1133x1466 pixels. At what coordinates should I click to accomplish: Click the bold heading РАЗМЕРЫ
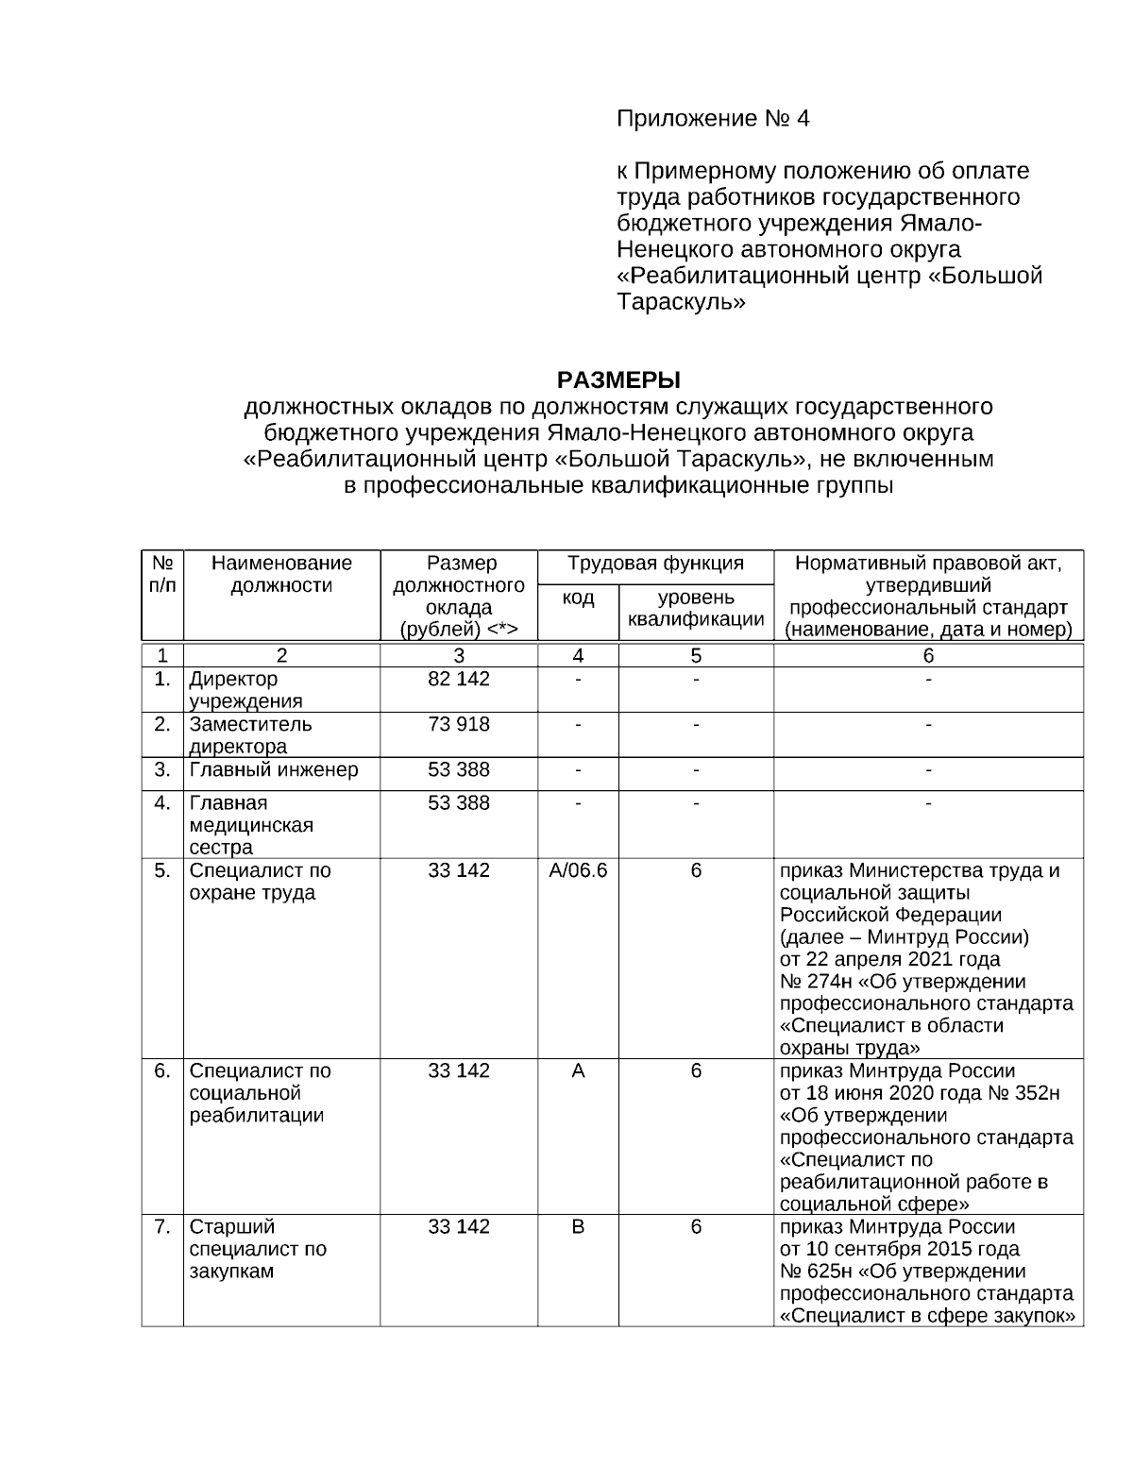[618, 380]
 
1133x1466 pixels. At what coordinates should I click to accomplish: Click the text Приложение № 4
[713, 119]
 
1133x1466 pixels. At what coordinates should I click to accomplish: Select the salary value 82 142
[459, 680]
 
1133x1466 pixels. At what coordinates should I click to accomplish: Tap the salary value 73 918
[459, 725]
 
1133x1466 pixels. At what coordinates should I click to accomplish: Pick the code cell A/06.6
[578, 870]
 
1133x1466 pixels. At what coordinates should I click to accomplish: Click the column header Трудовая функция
[655, 564]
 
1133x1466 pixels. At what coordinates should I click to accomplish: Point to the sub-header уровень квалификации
[696, 609]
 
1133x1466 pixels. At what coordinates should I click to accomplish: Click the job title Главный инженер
[274, 770]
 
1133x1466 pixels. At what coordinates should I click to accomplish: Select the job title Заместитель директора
[250, 735]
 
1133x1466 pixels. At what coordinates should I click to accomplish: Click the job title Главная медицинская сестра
[251, 825]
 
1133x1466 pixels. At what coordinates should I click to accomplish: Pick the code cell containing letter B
[578, 1227]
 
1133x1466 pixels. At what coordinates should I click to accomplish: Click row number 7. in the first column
[162, 1227]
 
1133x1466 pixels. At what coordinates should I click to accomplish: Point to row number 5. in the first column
[162, 870]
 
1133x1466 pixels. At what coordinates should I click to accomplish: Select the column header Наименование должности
[281, 574]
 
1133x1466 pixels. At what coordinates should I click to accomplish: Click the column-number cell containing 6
[928, 656]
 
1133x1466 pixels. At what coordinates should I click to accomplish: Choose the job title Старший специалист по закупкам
[258, 1249]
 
